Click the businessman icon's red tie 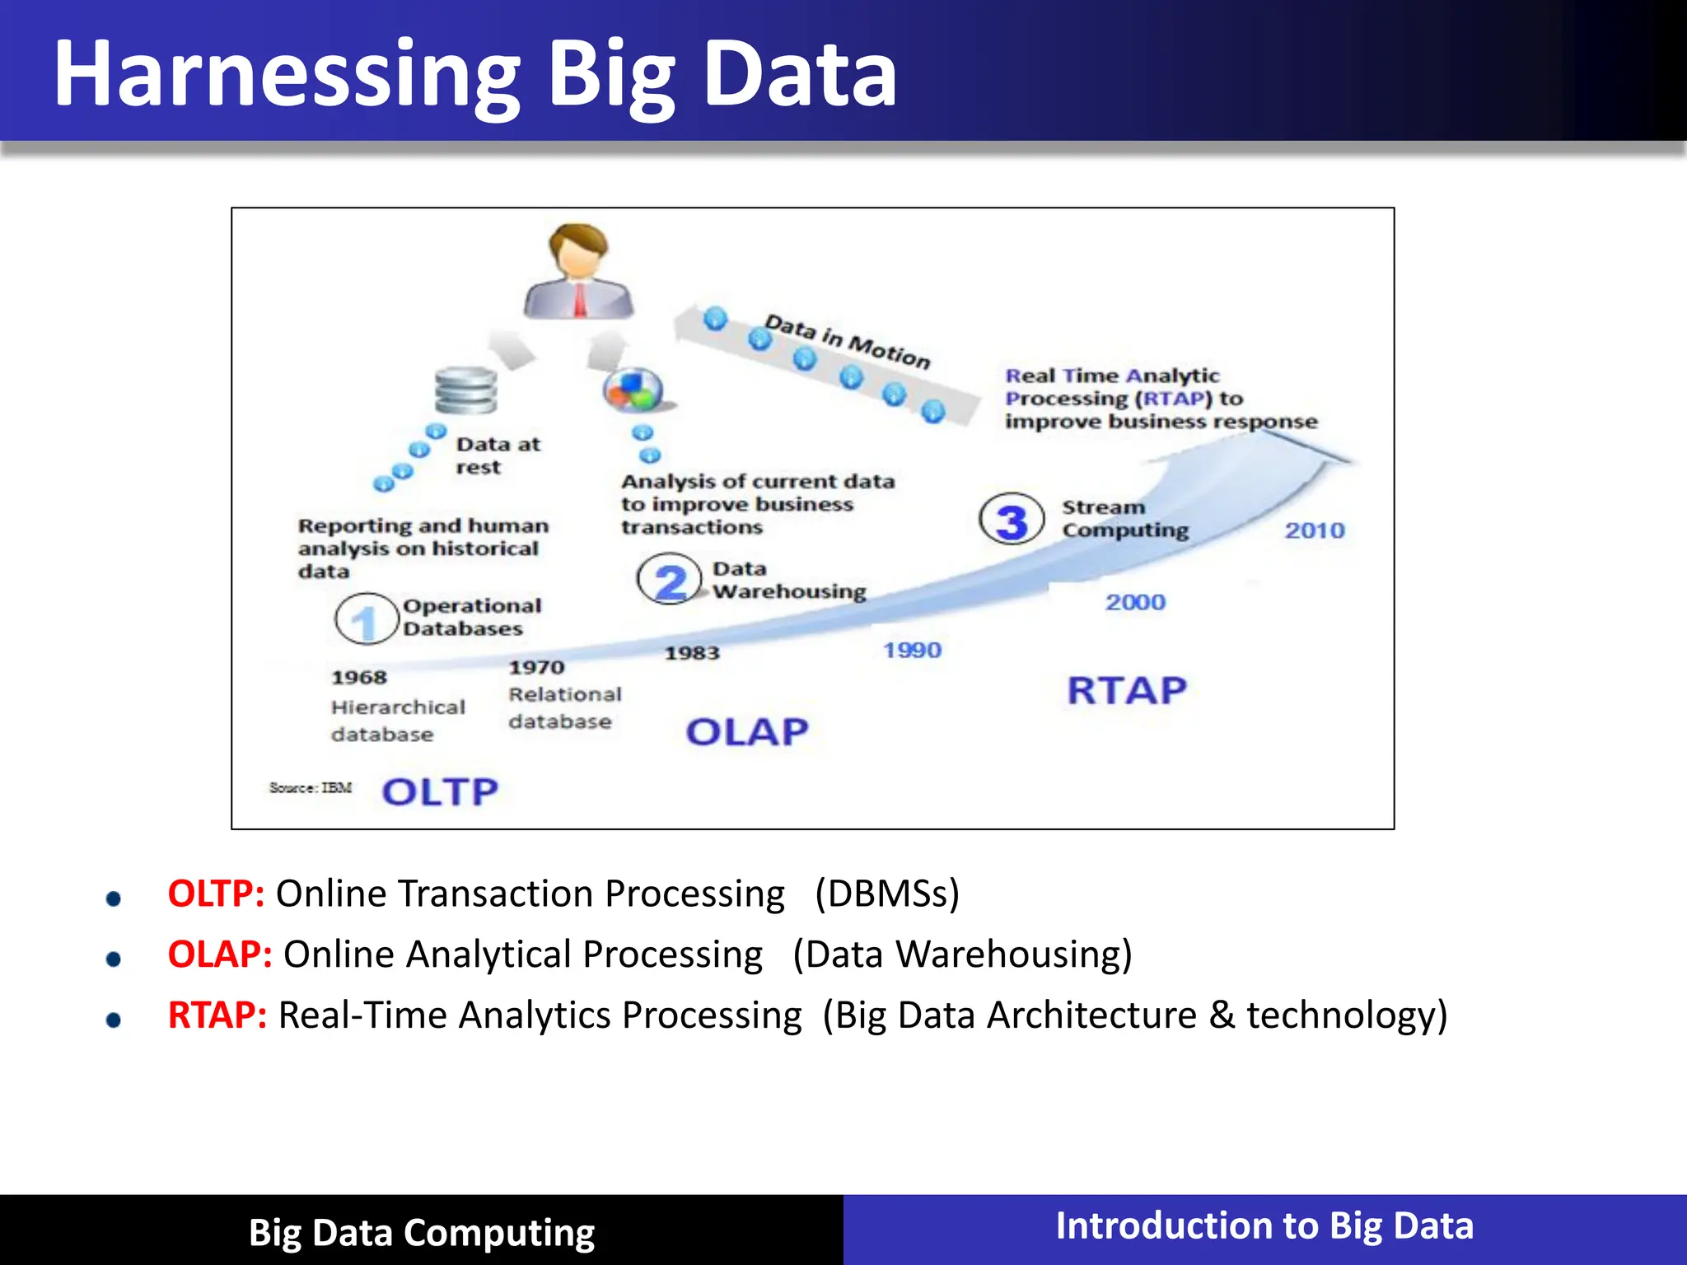[580, 300]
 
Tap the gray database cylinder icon [466, 390]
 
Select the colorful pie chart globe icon [633, 390]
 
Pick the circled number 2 [670, 580]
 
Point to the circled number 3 [1012, 520]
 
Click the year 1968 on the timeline [359, 677]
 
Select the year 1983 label [692, 653]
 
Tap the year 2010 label [1315, 530]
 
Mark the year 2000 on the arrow [1135, 602]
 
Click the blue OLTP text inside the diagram [440, 791]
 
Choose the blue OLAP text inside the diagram [747, 731]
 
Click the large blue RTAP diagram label [1127, 690]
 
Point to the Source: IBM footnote [311, 787]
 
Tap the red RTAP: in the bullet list [217, 1015]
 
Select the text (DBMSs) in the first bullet [887, 894]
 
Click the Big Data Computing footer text [422, 1233]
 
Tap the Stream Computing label [1124, 519]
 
